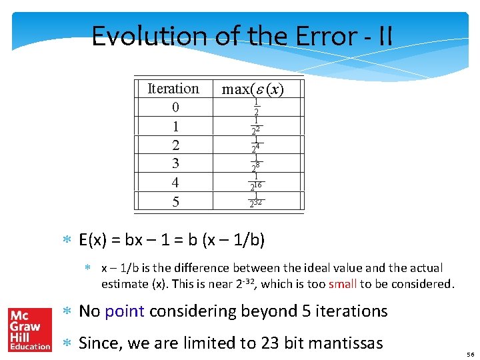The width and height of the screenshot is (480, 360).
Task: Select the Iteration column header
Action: point(173,89)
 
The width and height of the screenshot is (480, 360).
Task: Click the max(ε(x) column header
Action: point(253,89)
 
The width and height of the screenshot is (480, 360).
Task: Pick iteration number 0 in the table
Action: point(175,107)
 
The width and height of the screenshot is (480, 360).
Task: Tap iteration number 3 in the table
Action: point(175,163)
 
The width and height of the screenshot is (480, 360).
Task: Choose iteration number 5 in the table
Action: point(175,201)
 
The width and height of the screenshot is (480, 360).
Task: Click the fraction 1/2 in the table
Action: point(256,107)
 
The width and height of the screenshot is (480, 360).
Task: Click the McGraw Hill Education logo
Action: point(29,329)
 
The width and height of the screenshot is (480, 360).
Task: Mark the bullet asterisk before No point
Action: point(67,311)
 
